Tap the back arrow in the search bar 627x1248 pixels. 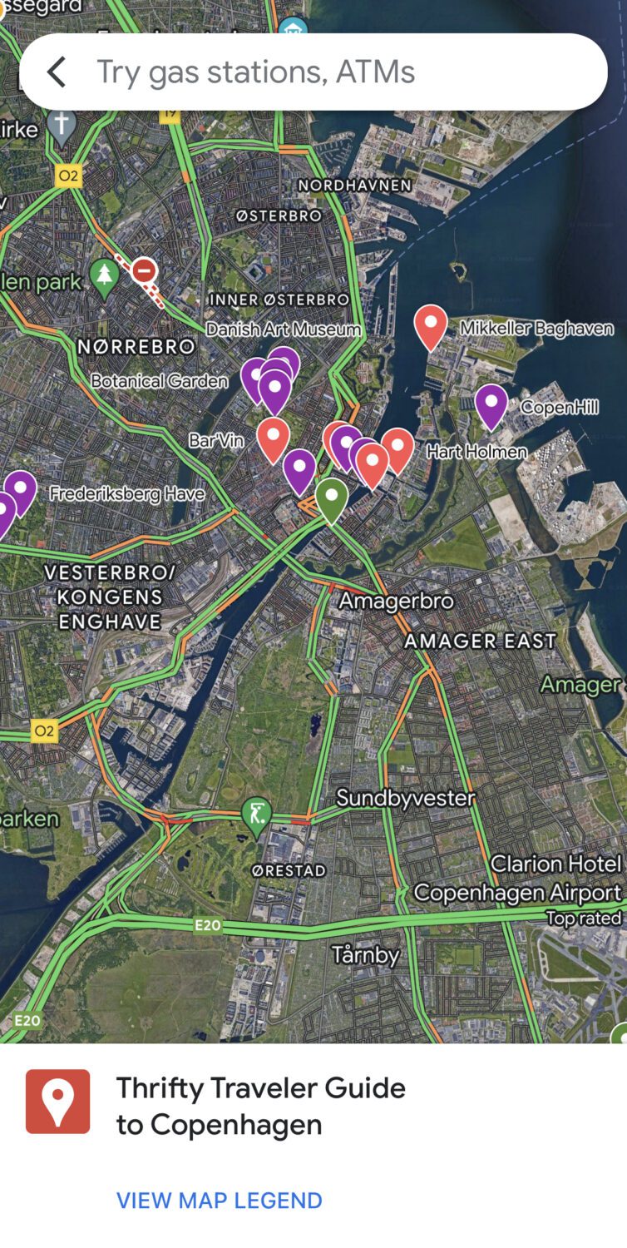click(x=56, y=72)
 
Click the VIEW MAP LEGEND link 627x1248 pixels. click(x=219, y=1201)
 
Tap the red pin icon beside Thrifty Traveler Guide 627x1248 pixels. click(x=57, y=1101)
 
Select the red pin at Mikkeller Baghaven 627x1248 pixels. click(x=430, y=325)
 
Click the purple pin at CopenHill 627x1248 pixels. click(x=491, y=404)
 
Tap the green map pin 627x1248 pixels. click(x=331, y=498)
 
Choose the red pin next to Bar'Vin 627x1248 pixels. click(x=273, y=438)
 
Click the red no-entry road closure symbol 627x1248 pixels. click(x=145, y=271)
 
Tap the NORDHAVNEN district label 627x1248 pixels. click(x=355, y=185)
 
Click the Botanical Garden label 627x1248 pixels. click(x=159, y=381)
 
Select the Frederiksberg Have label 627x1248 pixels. click(x=126, y=494)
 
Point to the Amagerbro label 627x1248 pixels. click(x=396, y=601)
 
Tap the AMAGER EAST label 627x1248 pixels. click(x=480, y=641)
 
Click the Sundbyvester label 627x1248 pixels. click(x=405, y=799)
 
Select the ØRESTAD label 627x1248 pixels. click(x=289, y=870)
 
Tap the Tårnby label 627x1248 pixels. click(x=365, y=954)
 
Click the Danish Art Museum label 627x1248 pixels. click(x=283, y=329)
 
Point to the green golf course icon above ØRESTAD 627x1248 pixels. click(x=255, y=813)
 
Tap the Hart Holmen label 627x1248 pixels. click(x=476, y=452)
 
